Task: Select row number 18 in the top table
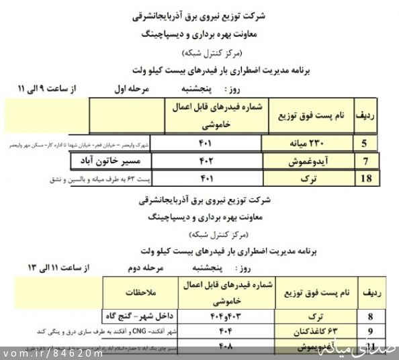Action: click(x=366, y=178)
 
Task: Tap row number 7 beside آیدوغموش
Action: click(x=367, y=161)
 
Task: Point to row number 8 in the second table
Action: click(x=370, y=316)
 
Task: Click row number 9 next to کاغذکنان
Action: click(x=370, y=332)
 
